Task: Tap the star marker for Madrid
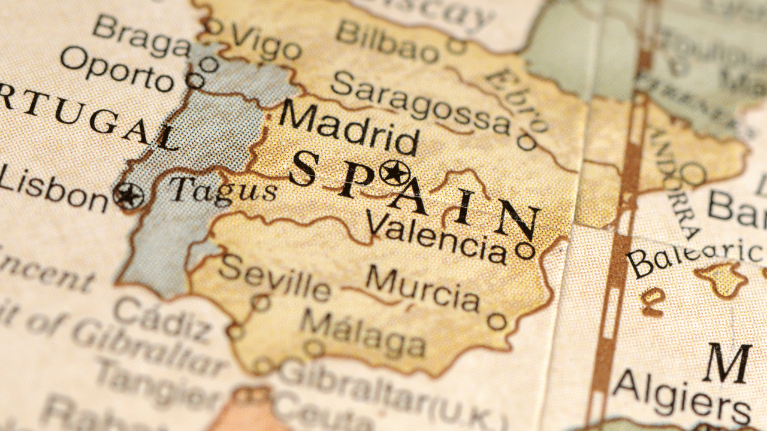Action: coord(394,173)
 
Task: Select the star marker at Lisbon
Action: coord(128,196)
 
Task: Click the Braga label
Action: coord(141,36)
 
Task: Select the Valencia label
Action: coord(436,236)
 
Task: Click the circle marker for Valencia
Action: coord(525,250)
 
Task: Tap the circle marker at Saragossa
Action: coord(527,142)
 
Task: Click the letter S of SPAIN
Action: coord(304,168)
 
